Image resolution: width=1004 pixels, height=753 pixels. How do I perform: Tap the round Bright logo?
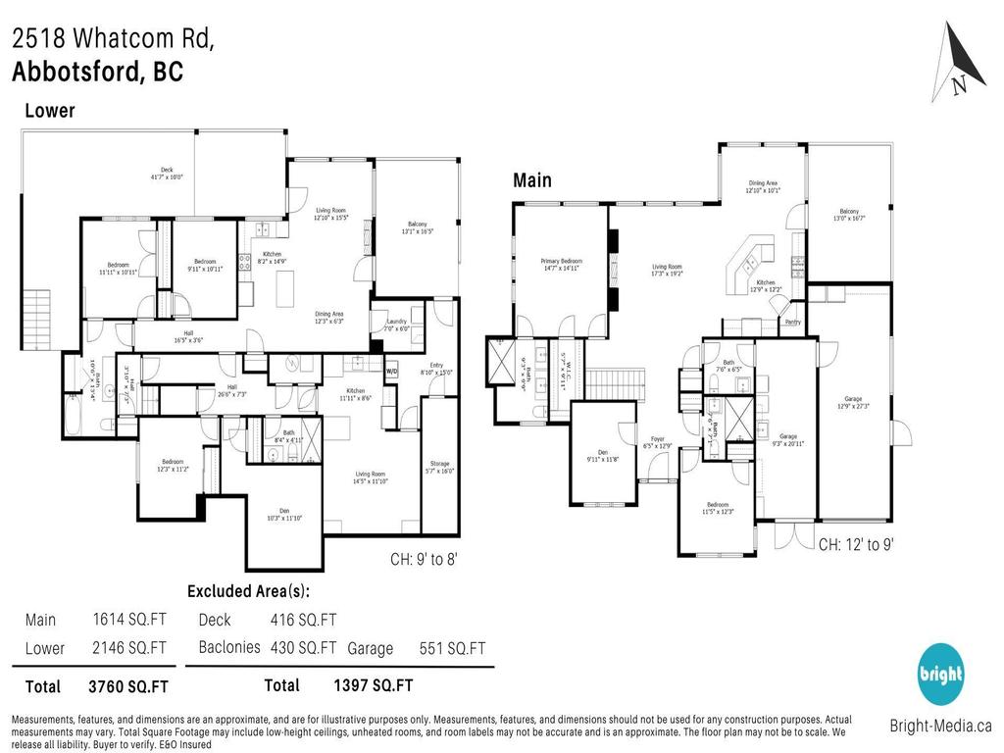click(x=940, y=675)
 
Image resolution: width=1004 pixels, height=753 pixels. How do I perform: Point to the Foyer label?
click(x=650, y=442)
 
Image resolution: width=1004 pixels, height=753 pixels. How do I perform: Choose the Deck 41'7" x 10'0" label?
click(x=167, y=173)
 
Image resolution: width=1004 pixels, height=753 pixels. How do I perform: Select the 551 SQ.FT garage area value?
click(x=454, y=648)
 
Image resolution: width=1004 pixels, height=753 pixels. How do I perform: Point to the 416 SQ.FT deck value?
click(x=303, y=620)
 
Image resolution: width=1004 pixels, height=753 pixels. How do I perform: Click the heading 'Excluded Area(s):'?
click(x=248, y=591)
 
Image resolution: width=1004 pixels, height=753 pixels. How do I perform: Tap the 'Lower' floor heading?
click(x=49, y=111)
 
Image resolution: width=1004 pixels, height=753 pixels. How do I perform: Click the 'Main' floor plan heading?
click(x=532, y=180)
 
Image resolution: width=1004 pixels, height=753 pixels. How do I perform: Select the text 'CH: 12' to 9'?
click(x=856, y=543)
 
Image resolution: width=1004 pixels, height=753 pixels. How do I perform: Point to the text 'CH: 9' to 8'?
click(x=424, y=559)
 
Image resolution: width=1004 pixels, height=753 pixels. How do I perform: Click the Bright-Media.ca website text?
click(x=940, y=727)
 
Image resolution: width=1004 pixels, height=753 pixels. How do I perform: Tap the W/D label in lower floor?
click(x=391, y=372)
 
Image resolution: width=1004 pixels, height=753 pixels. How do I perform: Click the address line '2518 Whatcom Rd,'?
click(x=112, y=39)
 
